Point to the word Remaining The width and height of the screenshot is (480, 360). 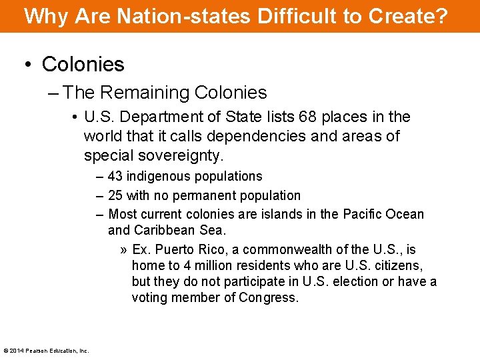coord(145,93)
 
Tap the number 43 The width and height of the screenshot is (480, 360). coord(115,177)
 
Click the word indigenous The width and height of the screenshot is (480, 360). coord(158,177)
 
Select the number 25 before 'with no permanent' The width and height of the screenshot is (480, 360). coord(115,195)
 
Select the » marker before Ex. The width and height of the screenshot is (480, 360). coord(124,250)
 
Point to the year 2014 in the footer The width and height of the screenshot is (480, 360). coord(16,351)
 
